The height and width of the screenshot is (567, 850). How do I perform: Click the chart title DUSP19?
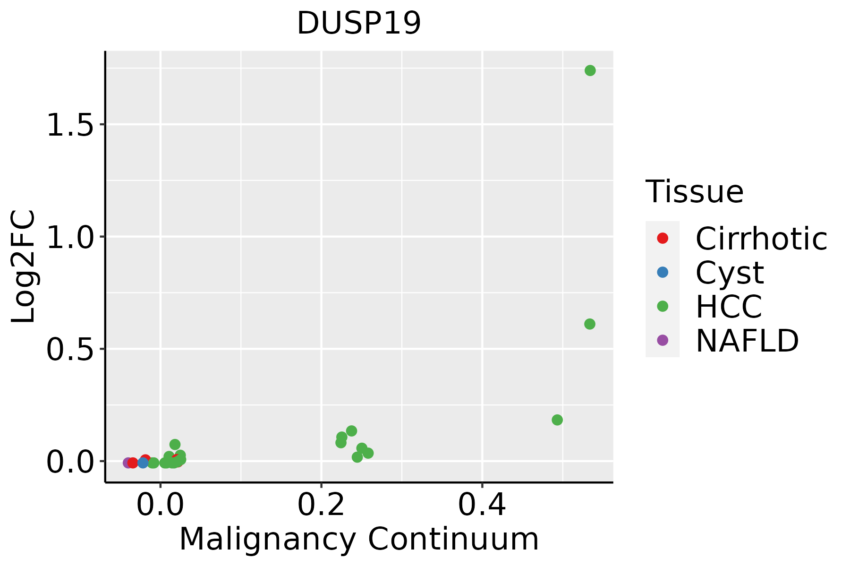(359, 23)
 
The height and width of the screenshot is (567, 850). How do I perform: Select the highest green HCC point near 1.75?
(590, 70)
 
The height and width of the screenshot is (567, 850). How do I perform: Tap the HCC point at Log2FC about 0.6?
(589, 324)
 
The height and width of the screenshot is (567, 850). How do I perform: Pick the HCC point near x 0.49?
(557, 420)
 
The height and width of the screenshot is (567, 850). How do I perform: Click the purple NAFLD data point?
(127, 463)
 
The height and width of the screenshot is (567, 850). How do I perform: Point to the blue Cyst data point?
(143, 463)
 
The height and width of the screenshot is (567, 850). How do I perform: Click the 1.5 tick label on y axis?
(69, 125)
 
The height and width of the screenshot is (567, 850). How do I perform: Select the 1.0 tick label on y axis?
(69, 237)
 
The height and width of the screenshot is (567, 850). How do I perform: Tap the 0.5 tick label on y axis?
(69, 349)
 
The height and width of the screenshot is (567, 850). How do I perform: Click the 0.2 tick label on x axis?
(321, 505)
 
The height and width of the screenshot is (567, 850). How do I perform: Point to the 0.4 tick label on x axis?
(482, 505)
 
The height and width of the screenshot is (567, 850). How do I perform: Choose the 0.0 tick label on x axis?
(161, 505)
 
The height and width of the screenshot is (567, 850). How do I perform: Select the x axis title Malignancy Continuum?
(359, 539)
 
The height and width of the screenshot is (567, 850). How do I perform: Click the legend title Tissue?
(694, 191)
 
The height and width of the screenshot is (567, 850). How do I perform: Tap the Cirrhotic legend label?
(761, 238)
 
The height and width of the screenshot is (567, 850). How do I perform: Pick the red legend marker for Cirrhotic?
(663, 238)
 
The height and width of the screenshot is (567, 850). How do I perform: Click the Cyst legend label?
(730, 272)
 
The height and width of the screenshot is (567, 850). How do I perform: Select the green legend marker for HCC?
(663, 306)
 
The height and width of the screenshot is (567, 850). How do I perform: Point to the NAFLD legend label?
(747, 340)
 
